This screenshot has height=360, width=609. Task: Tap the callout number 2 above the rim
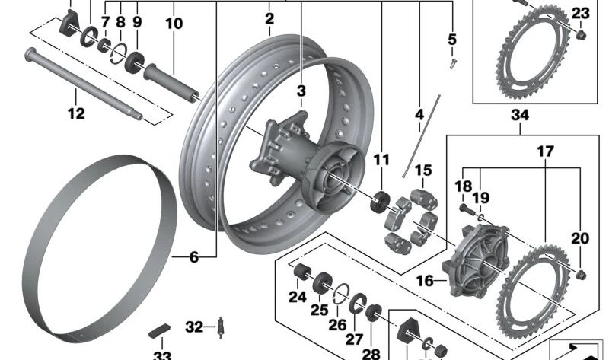click(269, 18)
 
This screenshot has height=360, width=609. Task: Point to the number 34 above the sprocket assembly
click(521, 115)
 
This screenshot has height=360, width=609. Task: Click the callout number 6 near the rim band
click(193, 258)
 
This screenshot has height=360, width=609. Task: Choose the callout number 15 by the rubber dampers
click(423, 170)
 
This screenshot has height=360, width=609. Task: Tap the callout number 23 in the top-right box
click(580, 13)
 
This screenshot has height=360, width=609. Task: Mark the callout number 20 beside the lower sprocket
click(580, 238)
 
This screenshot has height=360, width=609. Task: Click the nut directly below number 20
click(582, 273)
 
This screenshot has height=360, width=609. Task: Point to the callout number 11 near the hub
click(381, 160)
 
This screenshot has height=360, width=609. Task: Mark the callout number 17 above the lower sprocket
click(545, 151)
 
